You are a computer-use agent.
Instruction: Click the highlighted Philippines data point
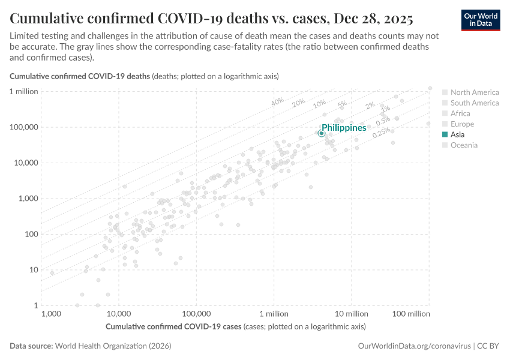coord(322,133)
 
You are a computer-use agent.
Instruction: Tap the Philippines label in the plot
coord(344,128)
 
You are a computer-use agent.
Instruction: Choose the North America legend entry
coord(474,92)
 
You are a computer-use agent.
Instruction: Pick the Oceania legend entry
coord(463,145)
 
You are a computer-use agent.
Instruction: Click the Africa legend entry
coord(460,113)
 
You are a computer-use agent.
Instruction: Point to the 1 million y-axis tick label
coord(24,91)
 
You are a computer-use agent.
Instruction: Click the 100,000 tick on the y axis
coord(24,127)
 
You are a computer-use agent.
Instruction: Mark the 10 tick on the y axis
coord(33,270)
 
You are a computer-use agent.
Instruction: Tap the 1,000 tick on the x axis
coord(52,314)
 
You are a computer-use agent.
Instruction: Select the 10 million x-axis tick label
coord(351,314)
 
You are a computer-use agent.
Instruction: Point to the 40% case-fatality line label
coord(277,102)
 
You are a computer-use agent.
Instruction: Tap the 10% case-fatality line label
coord(319,104)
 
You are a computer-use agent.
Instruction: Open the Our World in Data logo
coord(480,20)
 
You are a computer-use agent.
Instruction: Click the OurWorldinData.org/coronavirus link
coord(414,346)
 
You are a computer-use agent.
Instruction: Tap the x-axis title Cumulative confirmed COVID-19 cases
coord(174,327)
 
